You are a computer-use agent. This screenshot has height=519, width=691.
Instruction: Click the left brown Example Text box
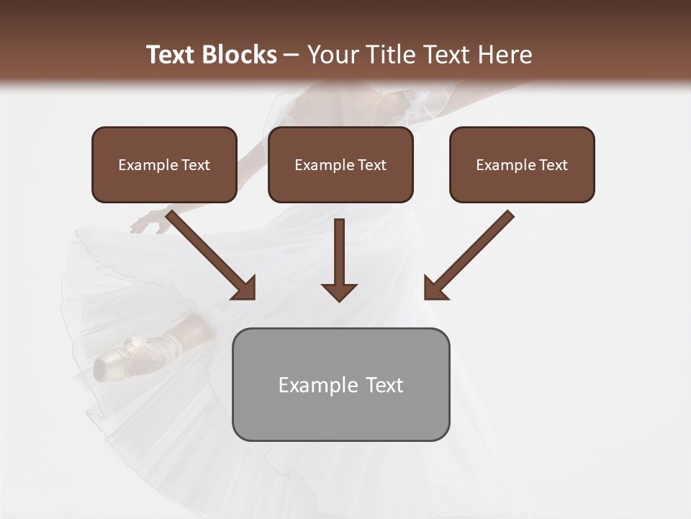(164, 164)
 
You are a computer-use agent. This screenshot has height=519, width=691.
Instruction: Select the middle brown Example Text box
(340, 164)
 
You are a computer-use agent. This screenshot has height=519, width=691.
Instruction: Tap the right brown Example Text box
(522, 164)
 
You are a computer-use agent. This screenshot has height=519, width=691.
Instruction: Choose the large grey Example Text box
(340, 384)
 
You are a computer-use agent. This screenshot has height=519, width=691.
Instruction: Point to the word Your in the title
(332, 55)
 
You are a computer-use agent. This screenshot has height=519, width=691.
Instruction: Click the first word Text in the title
(173, 55)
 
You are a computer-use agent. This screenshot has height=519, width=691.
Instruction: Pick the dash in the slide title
(292, 55)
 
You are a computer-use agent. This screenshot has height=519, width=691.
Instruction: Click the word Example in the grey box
(317, 385)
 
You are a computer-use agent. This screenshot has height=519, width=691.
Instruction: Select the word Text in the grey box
(384, 385)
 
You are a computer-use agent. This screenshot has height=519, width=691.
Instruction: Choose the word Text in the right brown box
(553, 165)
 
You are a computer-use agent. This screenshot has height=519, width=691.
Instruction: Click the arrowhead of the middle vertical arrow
(339, 291)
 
